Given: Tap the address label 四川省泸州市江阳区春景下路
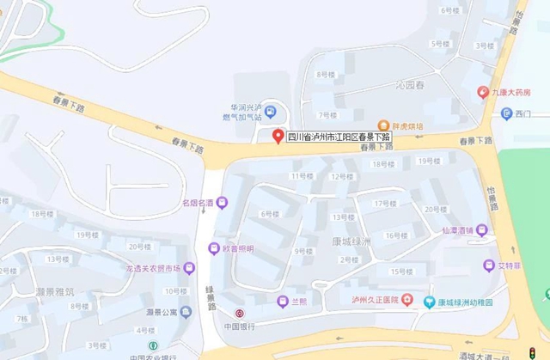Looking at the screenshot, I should click(339, 136).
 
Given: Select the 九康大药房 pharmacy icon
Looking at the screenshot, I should click(483, 92).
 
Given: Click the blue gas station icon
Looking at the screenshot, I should click(271, 111).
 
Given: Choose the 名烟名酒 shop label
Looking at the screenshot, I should click(196, 203).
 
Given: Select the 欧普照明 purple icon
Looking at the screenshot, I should click(214, 248).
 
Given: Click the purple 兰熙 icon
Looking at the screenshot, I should click(281, 301).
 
